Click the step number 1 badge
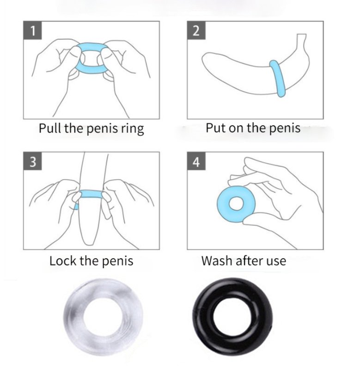(33, 30)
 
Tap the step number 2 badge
(196, 30)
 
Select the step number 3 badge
(33, 161)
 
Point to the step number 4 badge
(196, 161)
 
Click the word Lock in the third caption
(63, 261)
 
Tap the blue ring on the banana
(278, 78)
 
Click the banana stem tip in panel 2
(302, 35)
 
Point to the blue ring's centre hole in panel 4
(236, 203)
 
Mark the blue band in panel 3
(91, 194)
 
